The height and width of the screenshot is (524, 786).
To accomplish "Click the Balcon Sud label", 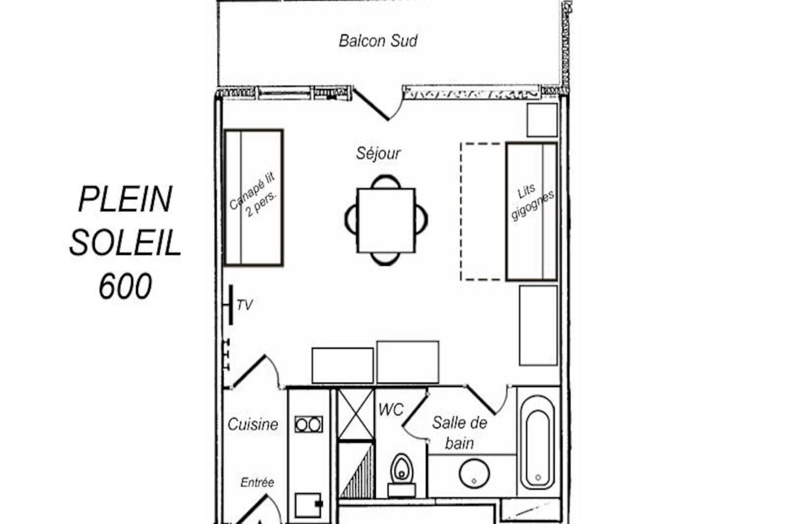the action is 378,41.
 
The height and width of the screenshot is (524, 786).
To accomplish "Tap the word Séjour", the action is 378,154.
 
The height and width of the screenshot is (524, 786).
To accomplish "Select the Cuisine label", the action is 253,425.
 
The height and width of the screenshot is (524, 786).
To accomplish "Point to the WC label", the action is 391,410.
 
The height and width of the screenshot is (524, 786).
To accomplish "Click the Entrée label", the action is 257,482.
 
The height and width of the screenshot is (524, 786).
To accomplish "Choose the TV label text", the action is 244,305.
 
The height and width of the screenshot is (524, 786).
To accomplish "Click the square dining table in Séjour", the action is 386,220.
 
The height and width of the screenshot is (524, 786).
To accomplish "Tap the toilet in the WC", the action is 401,475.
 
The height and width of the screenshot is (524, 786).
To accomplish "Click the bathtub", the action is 537,442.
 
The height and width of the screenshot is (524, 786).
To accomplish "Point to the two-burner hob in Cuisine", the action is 309,425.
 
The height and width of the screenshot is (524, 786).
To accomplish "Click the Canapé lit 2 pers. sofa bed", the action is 254,198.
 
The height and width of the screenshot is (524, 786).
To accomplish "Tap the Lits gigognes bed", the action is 532,212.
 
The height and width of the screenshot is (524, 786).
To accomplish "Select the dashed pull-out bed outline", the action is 483,212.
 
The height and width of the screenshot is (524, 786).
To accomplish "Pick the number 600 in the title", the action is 125,286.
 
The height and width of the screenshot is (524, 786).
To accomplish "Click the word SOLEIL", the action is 125,243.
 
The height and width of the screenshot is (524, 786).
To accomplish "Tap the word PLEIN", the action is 125,199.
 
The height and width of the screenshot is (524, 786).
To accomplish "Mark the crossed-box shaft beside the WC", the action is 355,414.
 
